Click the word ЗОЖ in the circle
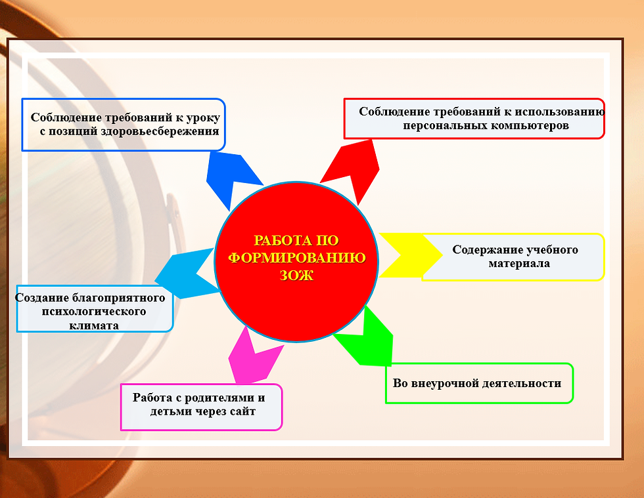point(296,276)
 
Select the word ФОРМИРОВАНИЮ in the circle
point(297,258)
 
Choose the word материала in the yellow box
point(519,263)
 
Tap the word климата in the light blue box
point(94,325)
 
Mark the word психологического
point(94,312)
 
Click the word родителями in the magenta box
point(219,398)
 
